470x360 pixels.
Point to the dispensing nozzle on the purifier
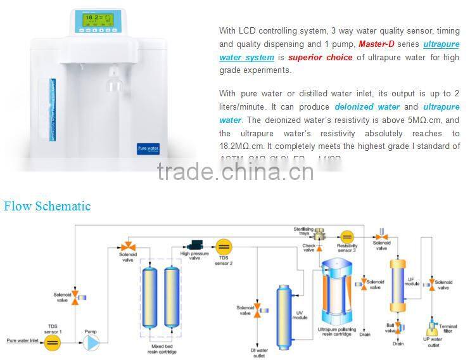[114, 79]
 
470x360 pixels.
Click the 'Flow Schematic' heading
[47, 206]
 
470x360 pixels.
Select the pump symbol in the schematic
[92, 343]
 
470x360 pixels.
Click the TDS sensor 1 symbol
[53, 343]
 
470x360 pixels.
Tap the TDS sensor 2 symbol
[223, 247]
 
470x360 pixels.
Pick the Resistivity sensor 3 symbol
[346, 236]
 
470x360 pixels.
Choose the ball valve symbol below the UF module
[397, 328]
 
